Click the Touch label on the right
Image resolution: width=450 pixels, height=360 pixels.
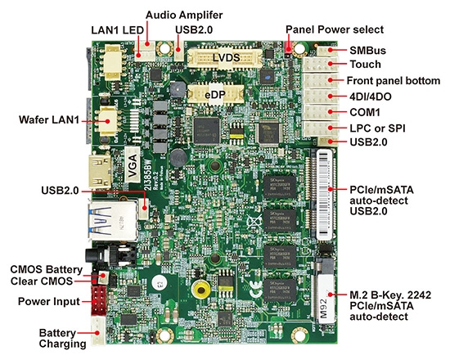[366, 65]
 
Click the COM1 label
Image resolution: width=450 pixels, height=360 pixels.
[366, 111]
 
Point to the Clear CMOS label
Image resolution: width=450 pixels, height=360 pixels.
[42, 281]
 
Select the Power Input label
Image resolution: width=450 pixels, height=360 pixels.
[49, 301]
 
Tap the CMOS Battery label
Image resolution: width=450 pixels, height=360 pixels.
[46, 268]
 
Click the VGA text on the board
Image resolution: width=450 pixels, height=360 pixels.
[132, 166]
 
